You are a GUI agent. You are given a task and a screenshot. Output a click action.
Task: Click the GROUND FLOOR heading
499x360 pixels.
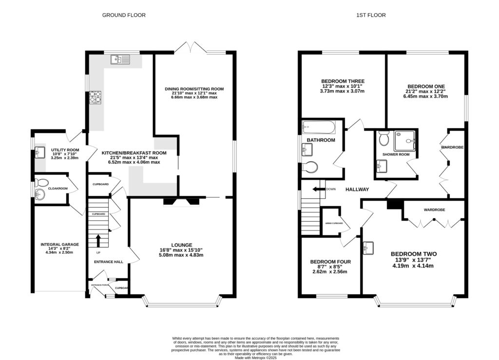coord(123,15)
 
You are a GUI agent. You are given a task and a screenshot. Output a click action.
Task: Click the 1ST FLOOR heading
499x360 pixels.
coord(371,15)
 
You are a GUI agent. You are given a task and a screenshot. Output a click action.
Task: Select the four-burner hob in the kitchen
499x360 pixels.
coord(95,97)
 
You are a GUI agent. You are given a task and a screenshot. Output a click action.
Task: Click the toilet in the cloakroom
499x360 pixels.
coord(41,184)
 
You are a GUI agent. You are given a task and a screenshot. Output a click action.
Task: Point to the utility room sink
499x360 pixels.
coord(39,152)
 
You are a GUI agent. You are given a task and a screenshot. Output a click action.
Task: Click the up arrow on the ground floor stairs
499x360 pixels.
coord(99,240)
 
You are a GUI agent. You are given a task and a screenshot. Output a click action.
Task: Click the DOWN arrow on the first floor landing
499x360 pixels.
coord(320,189)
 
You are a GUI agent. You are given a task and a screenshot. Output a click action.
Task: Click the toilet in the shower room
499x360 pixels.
coord(383,139)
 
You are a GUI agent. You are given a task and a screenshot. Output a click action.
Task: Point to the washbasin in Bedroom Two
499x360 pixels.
coord(368,248)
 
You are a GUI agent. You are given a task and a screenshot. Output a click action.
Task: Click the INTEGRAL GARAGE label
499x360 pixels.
coord(59,245)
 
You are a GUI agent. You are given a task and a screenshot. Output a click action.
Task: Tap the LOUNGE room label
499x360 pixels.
coord(181,245)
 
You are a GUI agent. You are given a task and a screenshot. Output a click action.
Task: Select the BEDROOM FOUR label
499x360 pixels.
coord(330,262)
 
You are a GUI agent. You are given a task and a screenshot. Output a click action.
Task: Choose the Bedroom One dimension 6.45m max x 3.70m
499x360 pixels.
coord(425,96)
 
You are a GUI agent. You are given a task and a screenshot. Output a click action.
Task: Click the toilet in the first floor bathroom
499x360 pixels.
coord(309,167)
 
